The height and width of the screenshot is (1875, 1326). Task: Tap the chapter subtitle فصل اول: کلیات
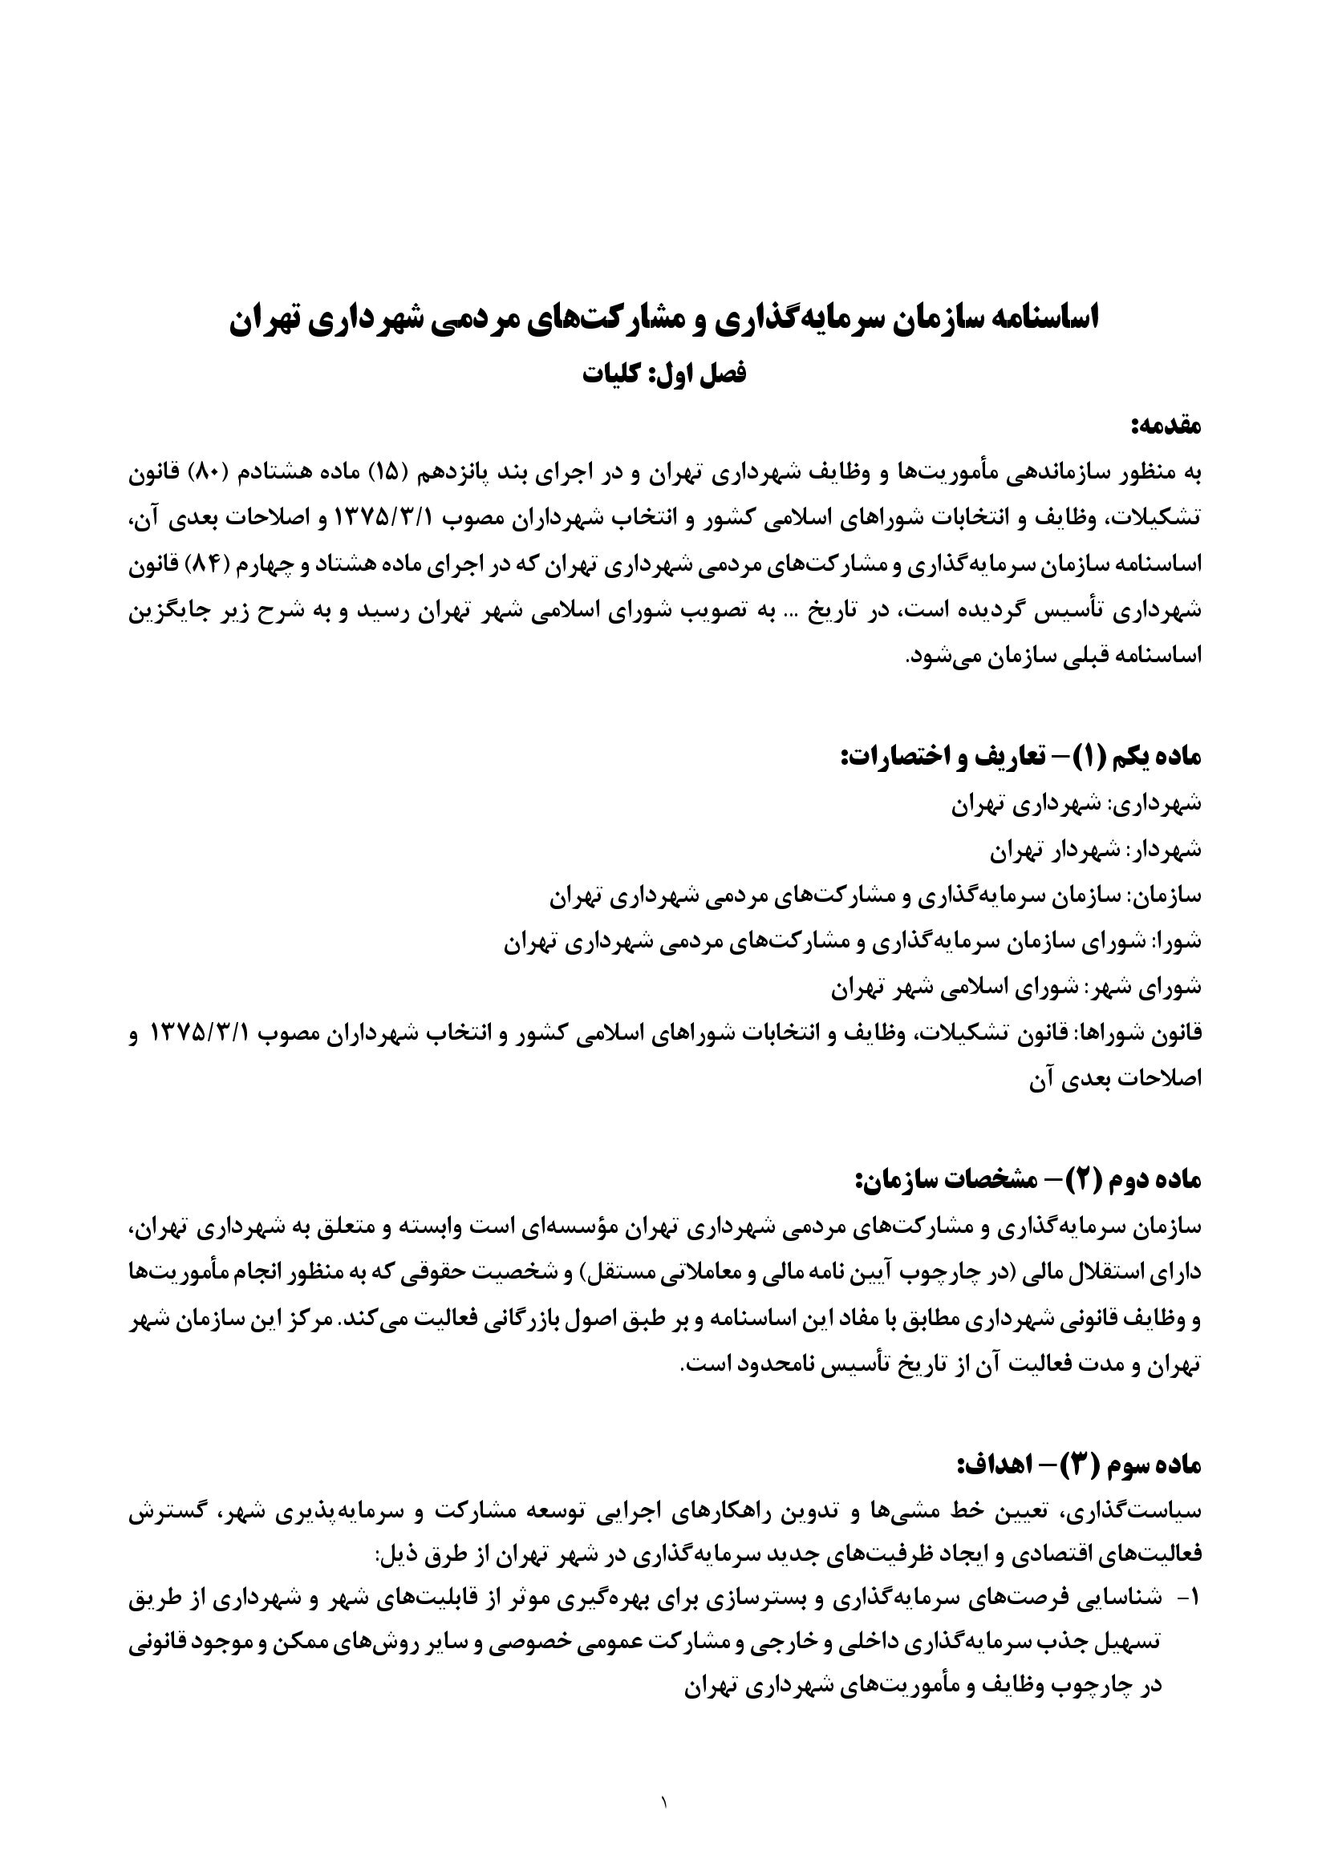[663, 374]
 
